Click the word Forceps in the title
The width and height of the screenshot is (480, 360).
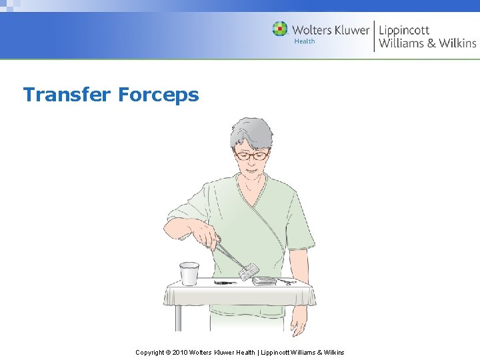(159, 95)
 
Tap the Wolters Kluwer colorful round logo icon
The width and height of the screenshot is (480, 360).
(280, 29)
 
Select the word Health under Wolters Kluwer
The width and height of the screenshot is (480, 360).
(305, 41)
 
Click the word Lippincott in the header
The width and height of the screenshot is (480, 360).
(404, 29)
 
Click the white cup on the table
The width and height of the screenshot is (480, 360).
(189, 273)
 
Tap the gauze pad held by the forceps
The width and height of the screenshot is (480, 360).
(249, 271)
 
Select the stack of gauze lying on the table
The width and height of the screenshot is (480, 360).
(264, 281)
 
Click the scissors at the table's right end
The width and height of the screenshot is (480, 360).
(287, 281)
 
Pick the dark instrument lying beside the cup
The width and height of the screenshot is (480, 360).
(225, 283)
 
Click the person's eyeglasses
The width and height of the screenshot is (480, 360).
(251, 155)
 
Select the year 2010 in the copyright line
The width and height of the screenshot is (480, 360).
(181, 352)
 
